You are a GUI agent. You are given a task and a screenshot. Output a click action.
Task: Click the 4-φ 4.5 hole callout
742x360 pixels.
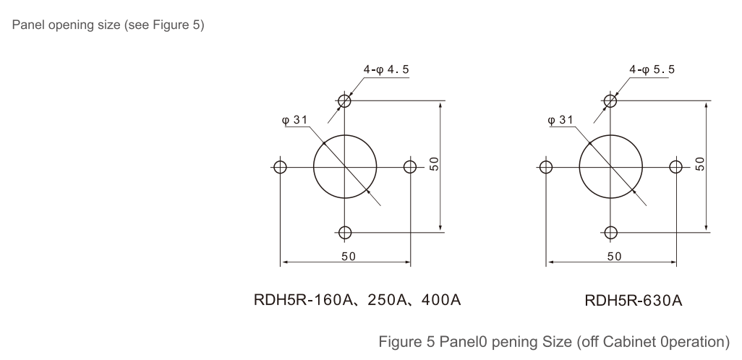386,69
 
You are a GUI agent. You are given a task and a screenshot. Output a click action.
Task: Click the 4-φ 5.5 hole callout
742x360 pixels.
652,69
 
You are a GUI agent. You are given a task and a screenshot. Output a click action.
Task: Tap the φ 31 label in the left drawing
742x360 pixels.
294,120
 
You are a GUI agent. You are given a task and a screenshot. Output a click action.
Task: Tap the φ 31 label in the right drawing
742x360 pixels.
560,120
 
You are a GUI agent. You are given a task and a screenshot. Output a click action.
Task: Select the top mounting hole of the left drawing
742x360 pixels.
344,100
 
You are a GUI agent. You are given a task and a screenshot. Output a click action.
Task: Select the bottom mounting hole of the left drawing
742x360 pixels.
345,233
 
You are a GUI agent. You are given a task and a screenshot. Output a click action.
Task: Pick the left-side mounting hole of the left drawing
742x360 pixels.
280,167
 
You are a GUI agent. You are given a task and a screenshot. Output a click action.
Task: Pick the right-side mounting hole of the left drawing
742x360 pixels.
410,167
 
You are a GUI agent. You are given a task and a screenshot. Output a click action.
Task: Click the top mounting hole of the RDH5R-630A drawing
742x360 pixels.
610,100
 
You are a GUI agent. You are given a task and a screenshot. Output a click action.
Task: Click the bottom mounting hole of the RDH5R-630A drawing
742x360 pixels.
611,233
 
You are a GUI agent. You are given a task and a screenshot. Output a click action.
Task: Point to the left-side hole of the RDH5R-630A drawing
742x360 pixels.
546,167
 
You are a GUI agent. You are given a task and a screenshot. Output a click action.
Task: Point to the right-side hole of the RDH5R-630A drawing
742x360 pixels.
675,167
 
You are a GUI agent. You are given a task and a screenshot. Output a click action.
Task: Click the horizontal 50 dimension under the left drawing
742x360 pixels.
349,257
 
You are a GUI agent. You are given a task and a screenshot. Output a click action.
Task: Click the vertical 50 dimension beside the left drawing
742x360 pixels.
435,164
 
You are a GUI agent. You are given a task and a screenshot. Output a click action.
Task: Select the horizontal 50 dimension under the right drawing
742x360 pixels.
614,257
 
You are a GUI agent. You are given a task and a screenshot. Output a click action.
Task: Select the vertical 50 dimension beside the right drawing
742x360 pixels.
700,164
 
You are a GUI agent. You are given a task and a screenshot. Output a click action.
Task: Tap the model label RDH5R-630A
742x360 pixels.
634,301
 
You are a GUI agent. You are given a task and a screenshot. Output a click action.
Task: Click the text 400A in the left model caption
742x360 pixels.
440,300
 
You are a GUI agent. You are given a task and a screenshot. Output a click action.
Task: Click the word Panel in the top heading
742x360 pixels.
28,25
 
